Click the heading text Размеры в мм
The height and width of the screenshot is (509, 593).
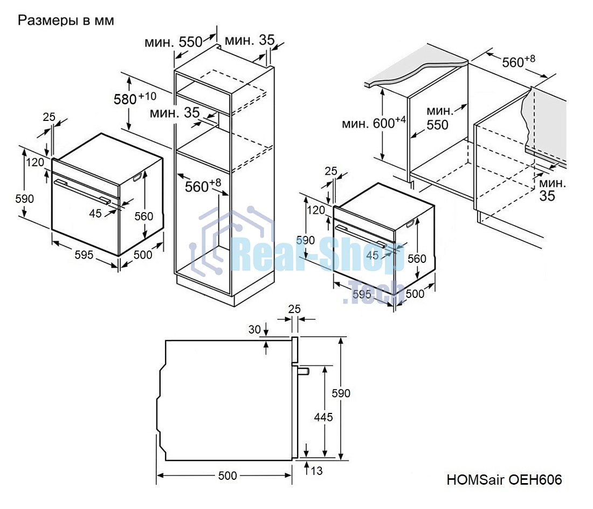tap(66, 21)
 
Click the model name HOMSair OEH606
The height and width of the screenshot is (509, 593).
tap(504, 479)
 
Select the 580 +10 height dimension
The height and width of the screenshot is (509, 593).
tap(134, 98)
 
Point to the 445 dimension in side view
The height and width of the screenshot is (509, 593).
tap(323, 417)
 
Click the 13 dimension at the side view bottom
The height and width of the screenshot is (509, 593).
tap(317, 471)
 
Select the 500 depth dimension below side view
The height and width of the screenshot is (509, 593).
tap(227, 476)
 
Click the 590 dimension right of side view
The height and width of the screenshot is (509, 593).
tap(341, 393)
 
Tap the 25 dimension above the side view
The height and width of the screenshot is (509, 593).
tap(294, 309)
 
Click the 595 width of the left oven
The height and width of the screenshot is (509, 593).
tap(84, 254)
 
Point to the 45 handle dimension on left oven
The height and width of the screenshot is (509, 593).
tap(95, 213)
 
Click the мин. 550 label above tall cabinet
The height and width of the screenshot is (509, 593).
tap(173, 42)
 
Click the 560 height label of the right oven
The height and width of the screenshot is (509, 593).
tap(417, 259)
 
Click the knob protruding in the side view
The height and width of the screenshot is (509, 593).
tap(303, 371)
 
